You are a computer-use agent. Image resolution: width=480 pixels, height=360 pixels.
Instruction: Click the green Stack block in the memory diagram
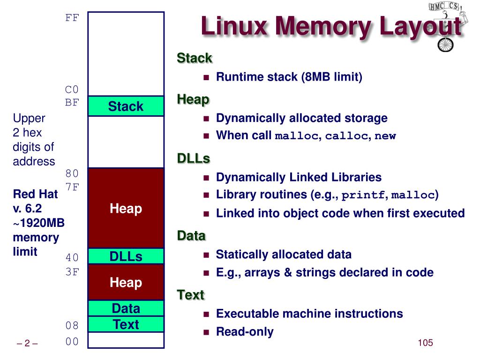126,106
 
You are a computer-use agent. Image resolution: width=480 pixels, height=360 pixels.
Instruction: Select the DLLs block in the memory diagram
126,256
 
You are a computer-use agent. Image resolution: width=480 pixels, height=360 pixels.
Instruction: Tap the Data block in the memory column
126,308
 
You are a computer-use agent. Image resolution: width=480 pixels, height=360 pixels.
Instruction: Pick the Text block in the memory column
126,324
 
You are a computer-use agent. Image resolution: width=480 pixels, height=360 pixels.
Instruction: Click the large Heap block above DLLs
126,208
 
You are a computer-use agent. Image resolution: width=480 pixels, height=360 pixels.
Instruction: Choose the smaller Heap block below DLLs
126,282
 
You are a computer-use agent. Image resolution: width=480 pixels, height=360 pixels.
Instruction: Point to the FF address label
72,18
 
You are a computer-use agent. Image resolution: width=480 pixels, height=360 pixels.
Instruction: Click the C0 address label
72,90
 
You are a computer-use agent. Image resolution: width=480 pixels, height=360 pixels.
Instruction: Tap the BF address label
72,102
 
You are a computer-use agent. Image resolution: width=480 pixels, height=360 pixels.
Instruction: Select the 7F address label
72,187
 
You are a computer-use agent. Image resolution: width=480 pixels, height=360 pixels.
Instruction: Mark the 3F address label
72,272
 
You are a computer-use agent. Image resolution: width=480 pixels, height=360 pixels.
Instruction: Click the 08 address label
72,325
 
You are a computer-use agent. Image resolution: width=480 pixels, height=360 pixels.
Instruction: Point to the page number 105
425,343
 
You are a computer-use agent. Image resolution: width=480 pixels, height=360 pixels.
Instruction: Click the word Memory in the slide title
323,26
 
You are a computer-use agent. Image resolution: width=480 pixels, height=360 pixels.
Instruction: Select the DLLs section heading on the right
194,158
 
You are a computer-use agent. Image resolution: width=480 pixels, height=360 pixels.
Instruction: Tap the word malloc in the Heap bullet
297,136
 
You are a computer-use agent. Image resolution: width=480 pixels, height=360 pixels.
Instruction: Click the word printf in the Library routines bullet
363,195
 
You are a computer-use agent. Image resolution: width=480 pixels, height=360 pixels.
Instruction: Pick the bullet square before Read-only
206,332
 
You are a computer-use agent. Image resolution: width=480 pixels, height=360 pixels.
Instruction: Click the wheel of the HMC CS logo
445,45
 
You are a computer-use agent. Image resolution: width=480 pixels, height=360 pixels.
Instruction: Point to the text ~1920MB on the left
38,223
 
